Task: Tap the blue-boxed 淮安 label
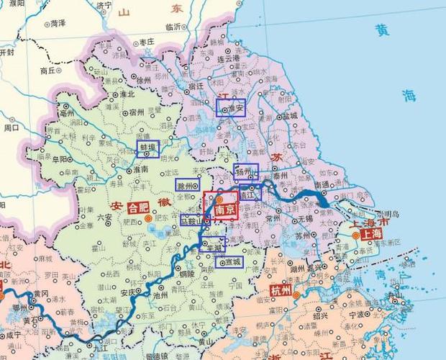coord(231,107)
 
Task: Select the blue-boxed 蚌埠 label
coord(148,149)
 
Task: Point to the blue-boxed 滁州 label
coord(188,185)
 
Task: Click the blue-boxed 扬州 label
coord(245,172)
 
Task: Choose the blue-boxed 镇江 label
coord(250,192)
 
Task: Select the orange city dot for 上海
coord(355,235)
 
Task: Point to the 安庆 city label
coord(129,292)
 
